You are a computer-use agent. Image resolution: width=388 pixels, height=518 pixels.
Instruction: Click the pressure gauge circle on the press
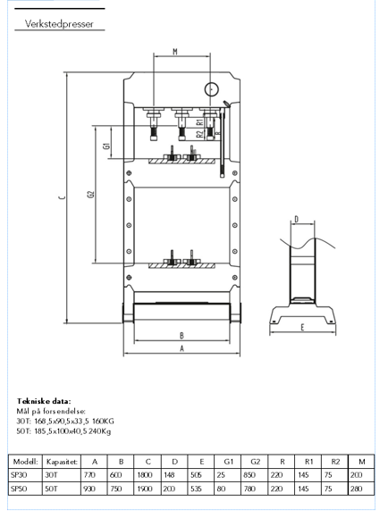point(211,89)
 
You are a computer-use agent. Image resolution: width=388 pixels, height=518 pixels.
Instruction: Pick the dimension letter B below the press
point(181,336)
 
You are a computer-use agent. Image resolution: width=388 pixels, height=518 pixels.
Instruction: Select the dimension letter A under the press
point(181,350)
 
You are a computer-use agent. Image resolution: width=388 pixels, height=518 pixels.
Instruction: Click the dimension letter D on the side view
point(295,218)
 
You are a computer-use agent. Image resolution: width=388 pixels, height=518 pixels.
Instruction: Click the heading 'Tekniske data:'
point(44,401)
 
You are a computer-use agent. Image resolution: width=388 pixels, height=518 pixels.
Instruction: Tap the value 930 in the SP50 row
point(88,489)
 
